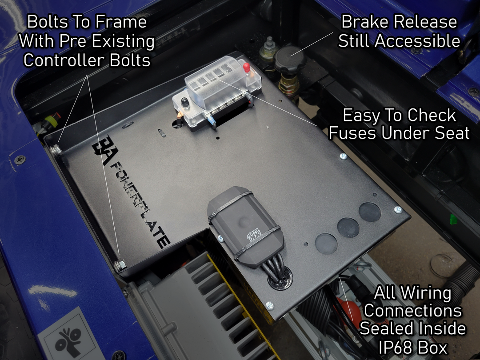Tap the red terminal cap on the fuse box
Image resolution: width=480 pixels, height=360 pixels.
point(247,68)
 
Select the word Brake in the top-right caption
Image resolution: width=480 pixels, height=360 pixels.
point(365,22)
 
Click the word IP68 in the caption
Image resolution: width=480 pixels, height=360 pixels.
point(395,348)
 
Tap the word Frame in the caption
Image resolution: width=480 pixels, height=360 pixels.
point(121,22)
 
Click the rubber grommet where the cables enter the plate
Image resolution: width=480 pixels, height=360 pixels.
point(280,278)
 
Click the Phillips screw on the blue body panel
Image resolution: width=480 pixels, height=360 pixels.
point(20,160)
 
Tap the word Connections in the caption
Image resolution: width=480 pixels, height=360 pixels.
point(413,311)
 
